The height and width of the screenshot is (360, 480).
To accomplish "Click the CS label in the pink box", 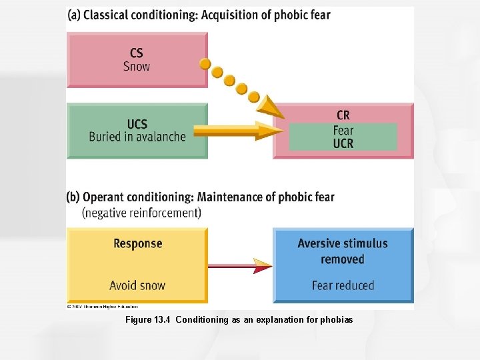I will tap(136, 53).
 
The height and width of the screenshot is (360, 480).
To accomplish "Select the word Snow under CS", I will tap(136, 67).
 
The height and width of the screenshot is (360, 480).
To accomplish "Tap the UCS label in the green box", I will tap(137, 123).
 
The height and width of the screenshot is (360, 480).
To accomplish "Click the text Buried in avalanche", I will tap(137, 137).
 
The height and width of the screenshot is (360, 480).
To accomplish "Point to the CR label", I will tap(343, 116).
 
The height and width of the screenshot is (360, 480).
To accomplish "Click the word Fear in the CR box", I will tap(343, 130).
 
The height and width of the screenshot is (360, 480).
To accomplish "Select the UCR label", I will tap(343, 143).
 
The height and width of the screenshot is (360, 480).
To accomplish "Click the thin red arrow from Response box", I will tap(240, 266).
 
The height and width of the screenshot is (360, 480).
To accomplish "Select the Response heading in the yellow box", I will tap(137, 243).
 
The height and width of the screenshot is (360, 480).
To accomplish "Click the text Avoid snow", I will tap(137, 285).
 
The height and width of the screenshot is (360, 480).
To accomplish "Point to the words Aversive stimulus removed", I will tap(343, 251).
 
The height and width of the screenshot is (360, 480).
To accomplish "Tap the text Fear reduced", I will tap(343, 285).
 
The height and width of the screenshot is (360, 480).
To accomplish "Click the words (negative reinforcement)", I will tap(141, 213).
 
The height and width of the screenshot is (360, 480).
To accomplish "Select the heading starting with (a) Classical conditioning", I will tap(199, 15).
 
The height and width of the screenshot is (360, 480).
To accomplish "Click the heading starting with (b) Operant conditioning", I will tap(201, 197).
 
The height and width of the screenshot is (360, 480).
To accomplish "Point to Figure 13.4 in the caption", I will tap(149, 320).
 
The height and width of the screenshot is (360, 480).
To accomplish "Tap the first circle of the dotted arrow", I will tap(205, 64).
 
